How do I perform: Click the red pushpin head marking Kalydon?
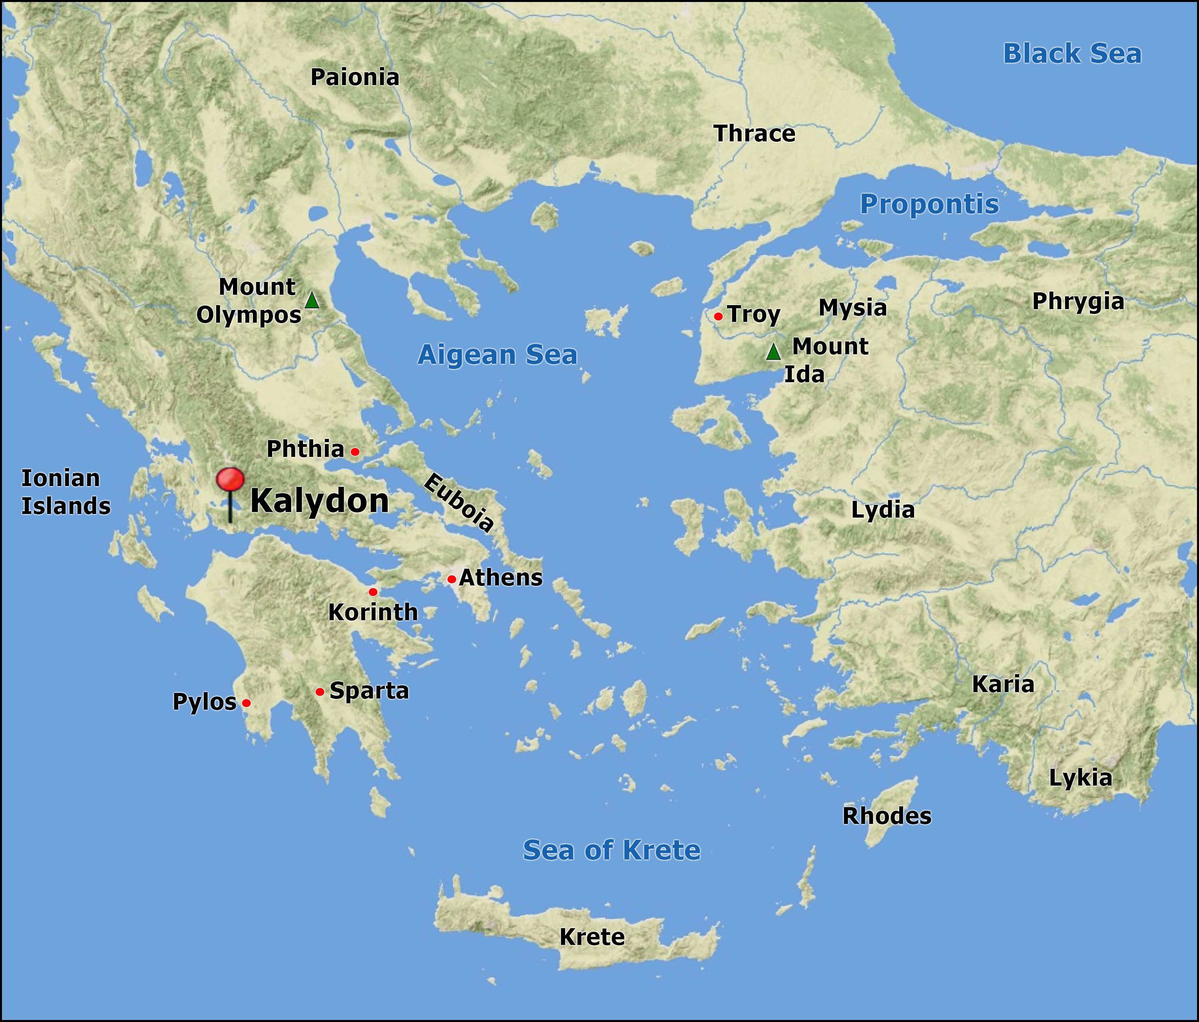[230, 480]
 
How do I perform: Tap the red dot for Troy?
[718, 316]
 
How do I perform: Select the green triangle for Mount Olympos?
[312, 301]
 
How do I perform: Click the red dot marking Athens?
[451, 579]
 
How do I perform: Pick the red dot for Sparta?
[319, 692]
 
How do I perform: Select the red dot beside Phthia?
[355, 452]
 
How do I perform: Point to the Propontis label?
[929, 204]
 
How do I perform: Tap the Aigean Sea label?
[498, 355]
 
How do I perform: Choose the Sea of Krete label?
[611, 849]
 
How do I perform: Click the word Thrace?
[755, 134]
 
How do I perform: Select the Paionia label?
[355, 77]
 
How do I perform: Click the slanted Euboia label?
[459, 502]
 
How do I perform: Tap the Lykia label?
[1080, 778]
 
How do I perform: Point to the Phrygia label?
[1078, 302]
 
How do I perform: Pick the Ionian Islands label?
[66, 492]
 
